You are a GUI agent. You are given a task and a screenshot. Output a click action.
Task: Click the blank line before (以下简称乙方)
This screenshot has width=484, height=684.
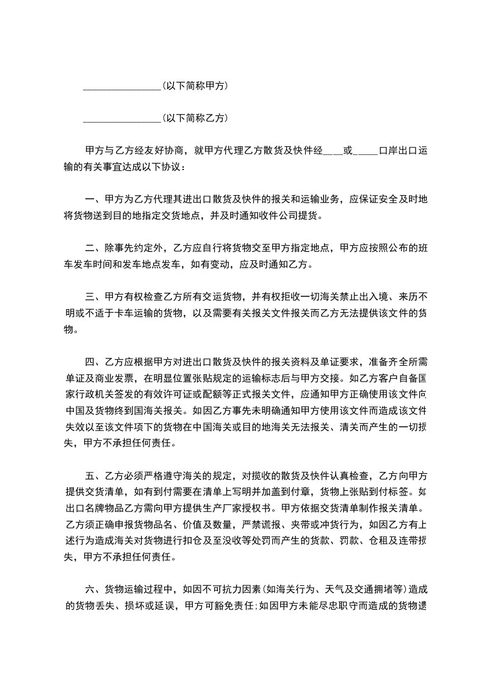[x=121, y=118]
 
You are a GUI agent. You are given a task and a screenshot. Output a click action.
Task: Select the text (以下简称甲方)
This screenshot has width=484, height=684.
[x=195, y=87]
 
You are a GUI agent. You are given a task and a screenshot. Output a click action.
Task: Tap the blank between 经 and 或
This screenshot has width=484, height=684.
[x=333, y=150]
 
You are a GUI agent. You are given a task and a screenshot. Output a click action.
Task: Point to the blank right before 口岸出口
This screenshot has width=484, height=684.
[x=366, y=150]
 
